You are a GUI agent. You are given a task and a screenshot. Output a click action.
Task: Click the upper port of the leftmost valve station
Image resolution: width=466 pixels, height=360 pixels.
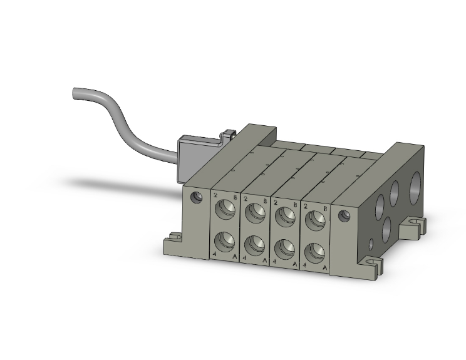point(225,211)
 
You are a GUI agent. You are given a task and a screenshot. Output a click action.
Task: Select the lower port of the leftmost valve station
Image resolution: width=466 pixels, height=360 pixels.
point(225,240)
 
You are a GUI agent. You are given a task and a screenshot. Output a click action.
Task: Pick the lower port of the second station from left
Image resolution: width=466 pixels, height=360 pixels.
point(255,243)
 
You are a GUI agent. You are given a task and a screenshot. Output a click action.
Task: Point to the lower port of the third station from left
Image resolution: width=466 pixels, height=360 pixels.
point(284,247)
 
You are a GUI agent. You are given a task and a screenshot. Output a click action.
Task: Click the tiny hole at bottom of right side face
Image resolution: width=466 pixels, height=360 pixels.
point(371,244)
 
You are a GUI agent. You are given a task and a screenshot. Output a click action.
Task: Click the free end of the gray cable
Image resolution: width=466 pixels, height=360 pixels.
point(75,94)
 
